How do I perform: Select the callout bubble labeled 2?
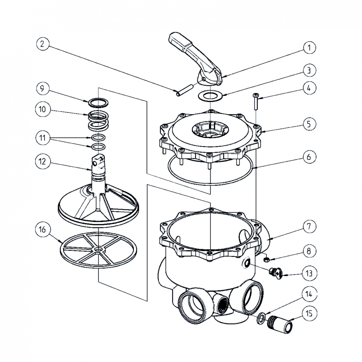(x=42, y=44)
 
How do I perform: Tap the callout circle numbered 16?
(x=42, y=230)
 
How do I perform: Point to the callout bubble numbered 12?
(x=42, y=161)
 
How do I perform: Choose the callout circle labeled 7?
(x=309, y=226)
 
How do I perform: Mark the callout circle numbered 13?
(x=309, y=274)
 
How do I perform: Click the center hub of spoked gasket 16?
(x=98, y=249)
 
